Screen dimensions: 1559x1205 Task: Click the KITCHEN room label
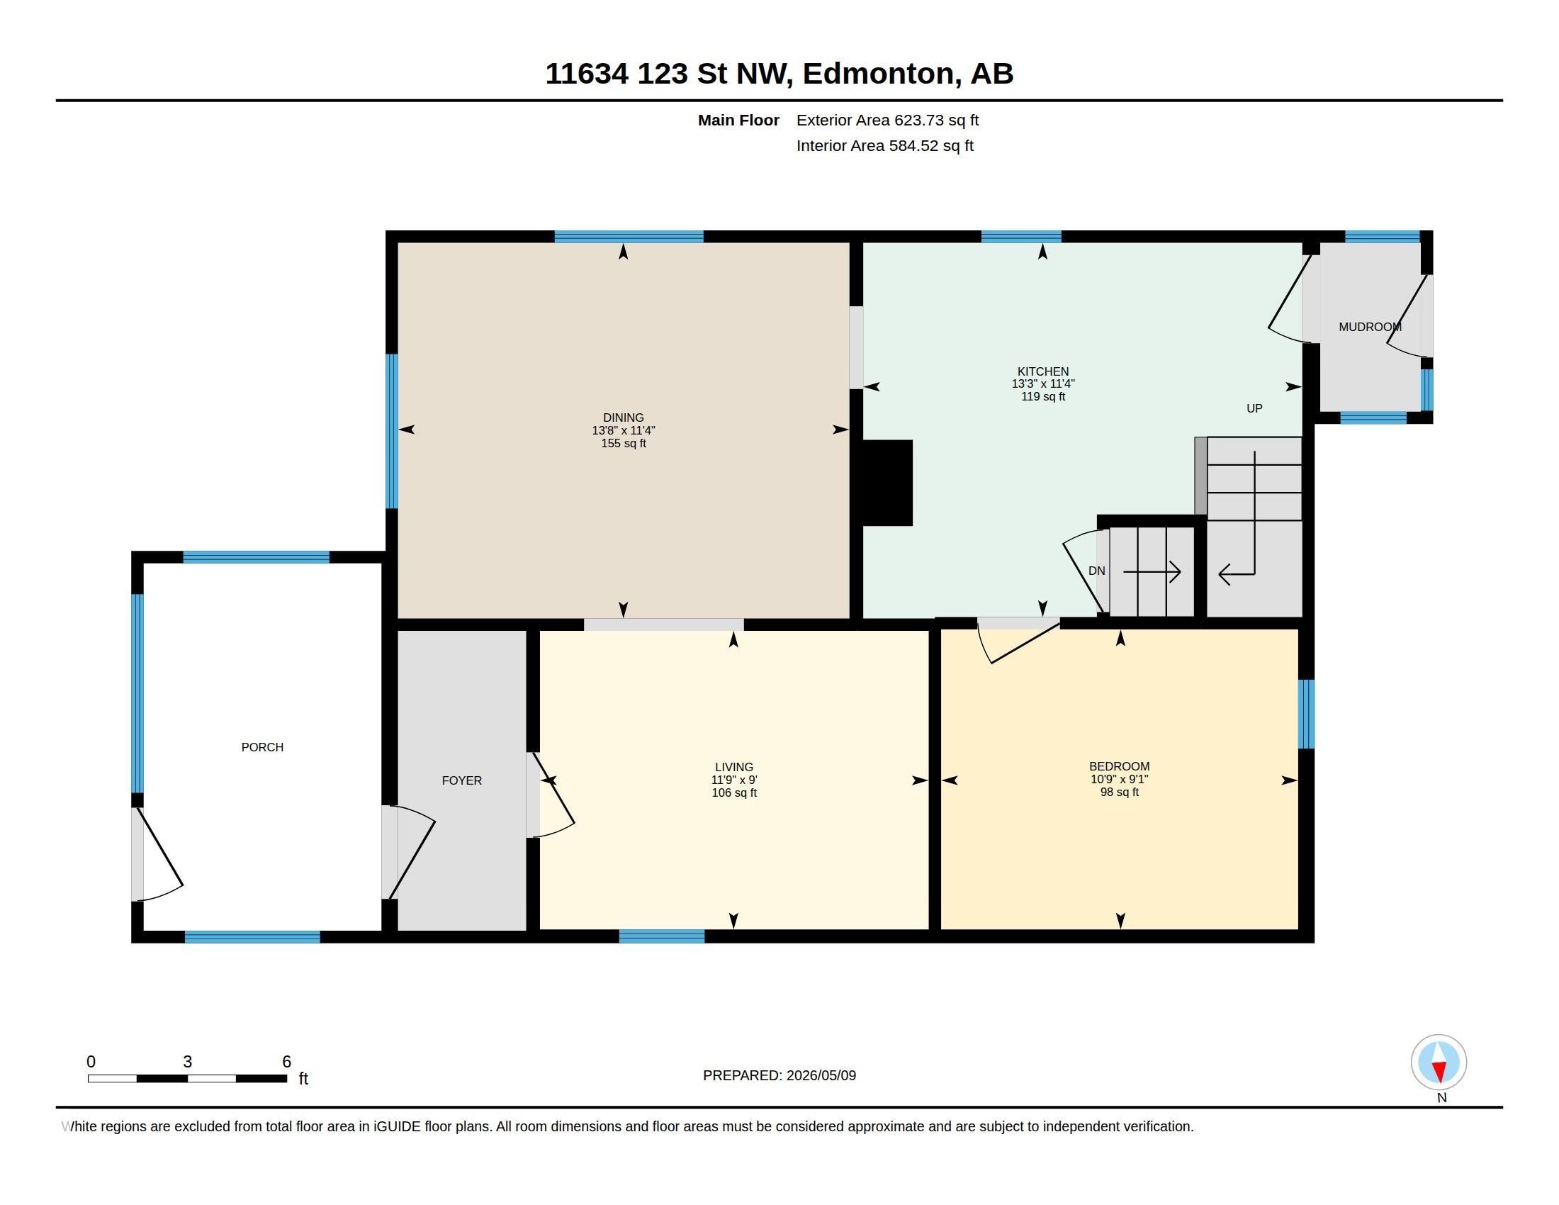click(1043, 371)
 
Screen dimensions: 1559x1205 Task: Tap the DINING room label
click(623, 417)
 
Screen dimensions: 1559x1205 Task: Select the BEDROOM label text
click(1119, 767)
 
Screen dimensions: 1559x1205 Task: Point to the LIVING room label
click(734, 768)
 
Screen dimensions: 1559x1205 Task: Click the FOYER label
click(462, 780)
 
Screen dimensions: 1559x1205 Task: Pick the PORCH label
click(263, 747)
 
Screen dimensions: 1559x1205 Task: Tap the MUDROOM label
click(1370, 327)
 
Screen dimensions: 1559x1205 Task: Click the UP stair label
click(1254, 408)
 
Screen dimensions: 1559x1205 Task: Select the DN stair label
click(1096, 571)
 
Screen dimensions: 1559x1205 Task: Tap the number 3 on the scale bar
click(188, 1062)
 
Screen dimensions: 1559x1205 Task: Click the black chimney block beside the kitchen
click(887, 483)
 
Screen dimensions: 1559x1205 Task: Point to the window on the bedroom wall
click(1306, 714)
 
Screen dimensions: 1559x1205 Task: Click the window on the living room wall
click(662, 936)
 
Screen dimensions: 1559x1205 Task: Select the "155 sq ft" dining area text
click(623, 443)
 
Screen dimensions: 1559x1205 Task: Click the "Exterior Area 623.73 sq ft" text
click(887, 120)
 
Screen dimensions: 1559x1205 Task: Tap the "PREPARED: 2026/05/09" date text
click(779, 1075)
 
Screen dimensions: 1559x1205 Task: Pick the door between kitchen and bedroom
click(1018, 639)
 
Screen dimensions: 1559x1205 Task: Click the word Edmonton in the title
click(879, 74)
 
